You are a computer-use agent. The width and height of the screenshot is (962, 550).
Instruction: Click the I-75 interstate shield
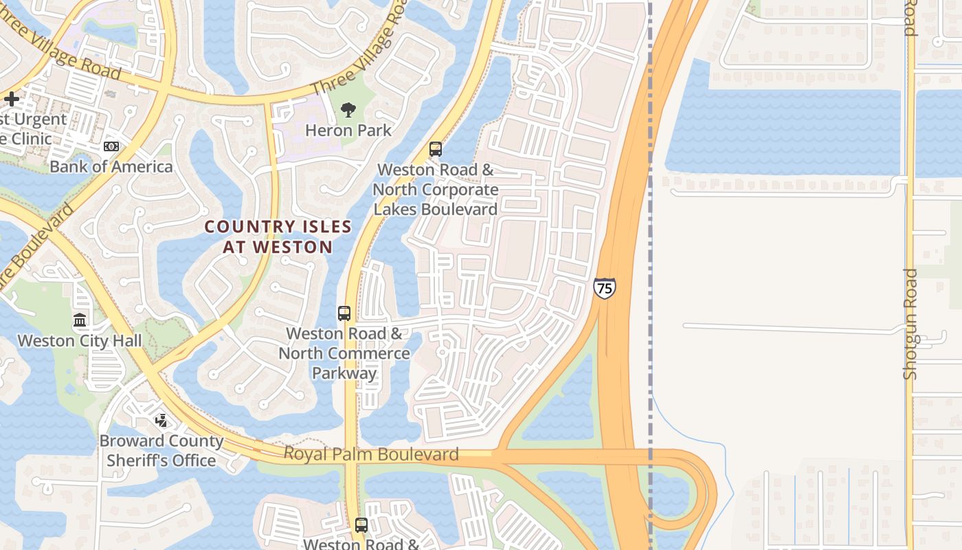coord(604,287)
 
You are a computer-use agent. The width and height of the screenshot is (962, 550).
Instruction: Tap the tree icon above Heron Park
coord(348,109)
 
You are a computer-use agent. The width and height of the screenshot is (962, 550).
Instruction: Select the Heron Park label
coord(348,130)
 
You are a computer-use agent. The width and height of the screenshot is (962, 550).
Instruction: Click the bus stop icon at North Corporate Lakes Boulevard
coord(435,149)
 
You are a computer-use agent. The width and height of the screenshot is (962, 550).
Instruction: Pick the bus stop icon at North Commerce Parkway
coord(344,313)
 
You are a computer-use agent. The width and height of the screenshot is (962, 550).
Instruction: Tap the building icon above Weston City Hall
coord(80,320)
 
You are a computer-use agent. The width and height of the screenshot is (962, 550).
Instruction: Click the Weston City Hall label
coord(80,340)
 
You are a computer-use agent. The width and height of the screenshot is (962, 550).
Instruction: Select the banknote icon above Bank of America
coord(111,146)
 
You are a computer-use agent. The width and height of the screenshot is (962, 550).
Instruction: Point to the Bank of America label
coord(111,166)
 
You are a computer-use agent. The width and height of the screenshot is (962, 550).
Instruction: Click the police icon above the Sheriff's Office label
coord(161,420)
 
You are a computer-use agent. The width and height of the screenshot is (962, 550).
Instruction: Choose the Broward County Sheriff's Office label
coord(161,450)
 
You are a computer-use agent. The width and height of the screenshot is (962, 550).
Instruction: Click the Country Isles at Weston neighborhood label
coord(278,236)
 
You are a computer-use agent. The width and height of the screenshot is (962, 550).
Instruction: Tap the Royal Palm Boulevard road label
coord(371,454)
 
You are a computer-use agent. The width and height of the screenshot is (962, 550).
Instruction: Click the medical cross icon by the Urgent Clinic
coord(12,99)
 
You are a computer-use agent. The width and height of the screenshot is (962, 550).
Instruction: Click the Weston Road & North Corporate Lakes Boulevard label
coord(436,189)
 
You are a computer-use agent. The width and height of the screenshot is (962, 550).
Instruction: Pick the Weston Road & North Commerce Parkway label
coord(344,353)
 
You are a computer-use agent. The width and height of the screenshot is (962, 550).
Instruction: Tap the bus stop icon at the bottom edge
coord(361,526)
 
